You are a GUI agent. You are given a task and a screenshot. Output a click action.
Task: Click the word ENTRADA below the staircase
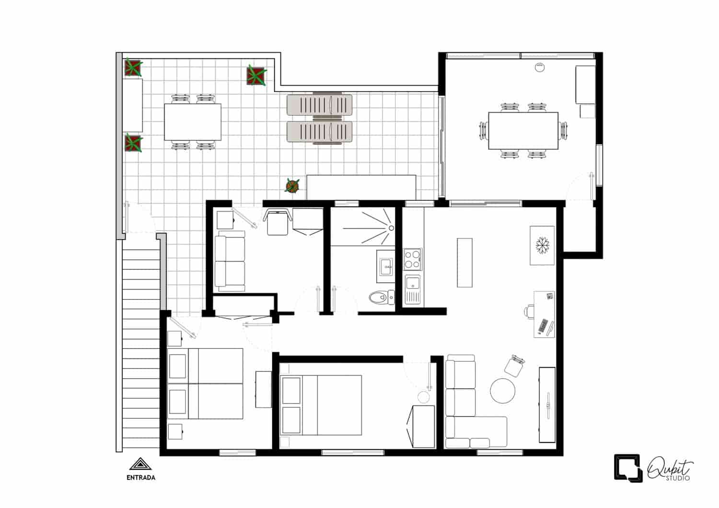[x=140, y=477]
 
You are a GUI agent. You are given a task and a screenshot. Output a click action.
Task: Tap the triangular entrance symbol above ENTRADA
[x=140, y=464]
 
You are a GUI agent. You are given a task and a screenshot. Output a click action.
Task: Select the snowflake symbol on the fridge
[x=542, y=244]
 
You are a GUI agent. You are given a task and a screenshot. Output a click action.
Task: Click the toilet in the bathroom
[x=381, y=298]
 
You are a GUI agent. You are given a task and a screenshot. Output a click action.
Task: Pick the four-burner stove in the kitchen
[x=413, y=259]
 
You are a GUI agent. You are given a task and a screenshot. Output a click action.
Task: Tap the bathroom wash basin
[x=386, y=267]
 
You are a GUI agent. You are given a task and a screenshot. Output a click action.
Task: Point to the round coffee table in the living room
[x=503, y=391]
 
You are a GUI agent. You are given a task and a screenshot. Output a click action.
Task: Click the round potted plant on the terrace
[x=291, y=185]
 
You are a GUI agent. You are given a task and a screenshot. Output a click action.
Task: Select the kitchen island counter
[x=464, y=262]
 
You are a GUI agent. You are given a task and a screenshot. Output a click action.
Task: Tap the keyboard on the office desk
[x=543, y=326]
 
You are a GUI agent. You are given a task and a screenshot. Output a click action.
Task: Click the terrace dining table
[x=193, y=122]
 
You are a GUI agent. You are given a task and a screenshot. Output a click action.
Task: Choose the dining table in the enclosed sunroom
[x=523, y=131]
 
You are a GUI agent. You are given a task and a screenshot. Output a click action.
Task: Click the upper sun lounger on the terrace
[x=319, y=105]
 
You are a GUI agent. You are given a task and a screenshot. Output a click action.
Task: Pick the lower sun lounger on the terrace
[x=319, y=132]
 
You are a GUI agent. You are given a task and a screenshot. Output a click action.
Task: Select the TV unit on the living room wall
[x=547, y=404]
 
